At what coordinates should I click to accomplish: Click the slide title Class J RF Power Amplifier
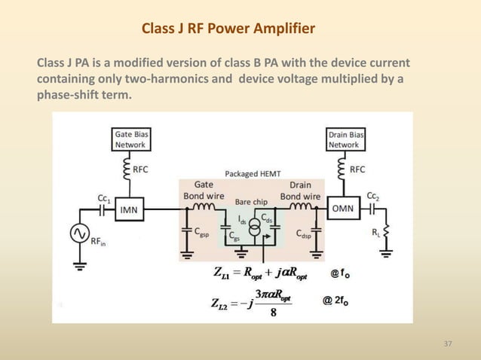tap(228, 29)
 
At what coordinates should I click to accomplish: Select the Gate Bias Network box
tap(131, 139)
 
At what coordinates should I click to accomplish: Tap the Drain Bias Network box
tap(345, 139)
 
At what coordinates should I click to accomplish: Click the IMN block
tap(130, 210)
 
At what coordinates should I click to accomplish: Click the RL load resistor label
tap(376, 233)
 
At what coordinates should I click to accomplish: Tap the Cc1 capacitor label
tap(105, 199)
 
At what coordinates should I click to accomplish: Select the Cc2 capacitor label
tap(372, 195)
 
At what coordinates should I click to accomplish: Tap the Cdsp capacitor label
tap(303, 233)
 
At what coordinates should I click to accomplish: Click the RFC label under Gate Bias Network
tap(140, 170)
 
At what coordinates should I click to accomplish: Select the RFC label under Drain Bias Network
tap(357, 169)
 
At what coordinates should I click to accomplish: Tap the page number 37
tap(448, 344)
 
